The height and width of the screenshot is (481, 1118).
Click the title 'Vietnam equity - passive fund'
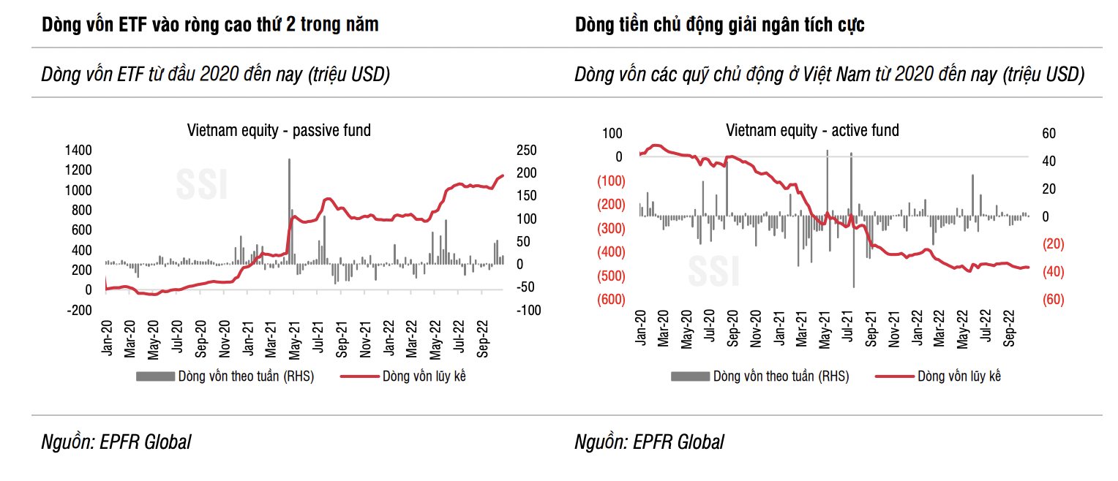(x=279, y=131)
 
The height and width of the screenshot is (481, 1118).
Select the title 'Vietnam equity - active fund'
(x=812, y=131)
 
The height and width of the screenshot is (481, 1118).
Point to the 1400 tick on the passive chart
(x=78, y=151)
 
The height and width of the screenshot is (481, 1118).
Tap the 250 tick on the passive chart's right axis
(x=525, y=151)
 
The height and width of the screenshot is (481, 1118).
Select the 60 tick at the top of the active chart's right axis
(x=1048, y=134)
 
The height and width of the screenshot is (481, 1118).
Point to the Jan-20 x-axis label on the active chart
(x=641, y=329)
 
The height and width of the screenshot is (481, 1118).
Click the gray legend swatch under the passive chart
(x=154, y=376)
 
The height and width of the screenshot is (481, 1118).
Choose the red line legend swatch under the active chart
(x=893, y=376)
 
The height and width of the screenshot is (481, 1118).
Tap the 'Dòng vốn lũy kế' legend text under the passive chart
(x=424, y=376)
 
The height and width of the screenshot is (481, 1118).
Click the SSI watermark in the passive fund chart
(x=202, y=184)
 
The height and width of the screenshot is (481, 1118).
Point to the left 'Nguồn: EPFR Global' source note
(x=116, y=442)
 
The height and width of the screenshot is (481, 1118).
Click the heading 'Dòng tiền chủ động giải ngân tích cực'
(x=719, y=25)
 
